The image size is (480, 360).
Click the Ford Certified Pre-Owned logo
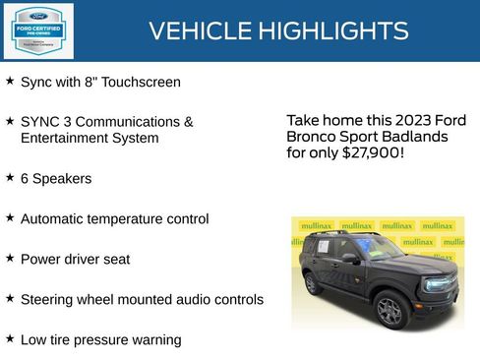[x=38, y=31]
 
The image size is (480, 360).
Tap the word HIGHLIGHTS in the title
[x=333, y=31]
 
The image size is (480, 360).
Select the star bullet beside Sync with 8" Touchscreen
[x=10, y=81]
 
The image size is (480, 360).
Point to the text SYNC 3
[x=43, y=122]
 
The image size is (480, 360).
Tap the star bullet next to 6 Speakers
[x=10, y=178]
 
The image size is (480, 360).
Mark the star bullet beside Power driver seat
[x=10, y=258]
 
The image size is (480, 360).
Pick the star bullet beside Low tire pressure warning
[x=10, y=338]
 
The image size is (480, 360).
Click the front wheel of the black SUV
[x=390, y=309]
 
